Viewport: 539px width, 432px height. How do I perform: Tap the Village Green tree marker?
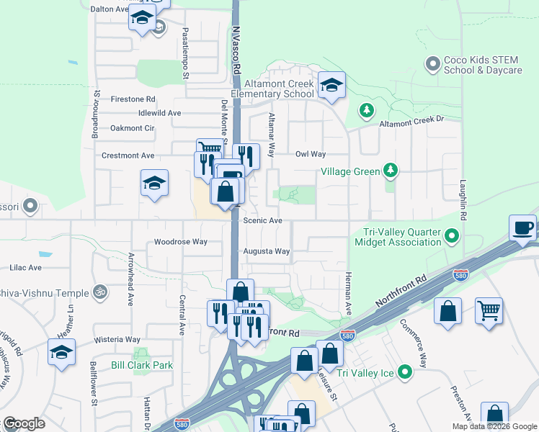tap(391, 171)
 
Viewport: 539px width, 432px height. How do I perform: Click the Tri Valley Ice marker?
tap(406, 372)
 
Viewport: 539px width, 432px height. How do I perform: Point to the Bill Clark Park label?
tap(142, 365)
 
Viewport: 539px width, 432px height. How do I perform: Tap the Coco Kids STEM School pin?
tap(433, 64)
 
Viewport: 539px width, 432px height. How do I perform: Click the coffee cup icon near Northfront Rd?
tap(523, 228)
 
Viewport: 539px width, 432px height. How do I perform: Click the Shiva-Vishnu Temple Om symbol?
tap(102, 293)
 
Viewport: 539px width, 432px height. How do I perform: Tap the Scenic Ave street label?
tap(262, 221)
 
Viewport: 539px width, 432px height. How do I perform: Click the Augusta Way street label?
tap(267, 251)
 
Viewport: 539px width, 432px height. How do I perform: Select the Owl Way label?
tap(311, 154)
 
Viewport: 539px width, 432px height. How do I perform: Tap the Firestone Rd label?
tap(131, 99)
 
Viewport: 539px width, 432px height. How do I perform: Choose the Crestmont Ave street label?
tap(128, 156)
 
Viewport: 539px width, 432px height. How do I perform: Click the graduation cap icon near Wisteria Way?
tap(62, 352)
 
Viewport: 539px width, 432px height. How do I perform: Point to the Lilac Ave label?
tap(26, 267)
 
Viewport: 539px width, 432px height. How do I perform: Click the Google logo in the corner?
tap(24, 423)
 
